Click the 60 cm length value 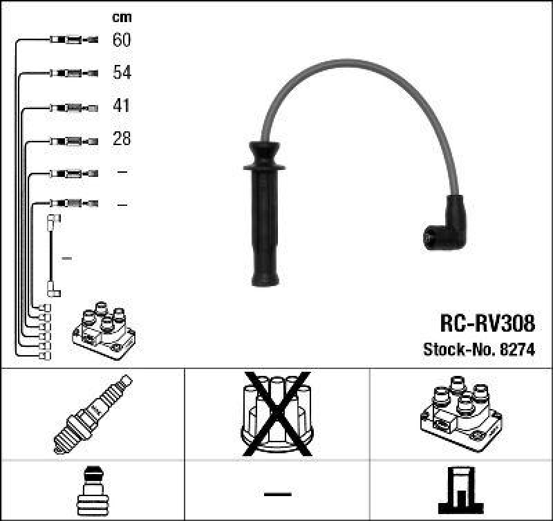pos(121,40)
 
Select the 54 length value pos(122,73)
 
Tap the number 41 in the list pos(121,106)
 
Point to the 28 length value pos(122,139)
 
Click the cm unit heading pos(122,17)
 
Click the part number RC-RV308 pos(487,323)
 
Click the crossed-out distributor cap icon pos(277,414)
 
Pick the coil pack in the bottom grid pos(460,413)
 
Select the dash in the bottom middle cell pos(277,493)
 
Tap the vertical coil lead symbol pos(53,256)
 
